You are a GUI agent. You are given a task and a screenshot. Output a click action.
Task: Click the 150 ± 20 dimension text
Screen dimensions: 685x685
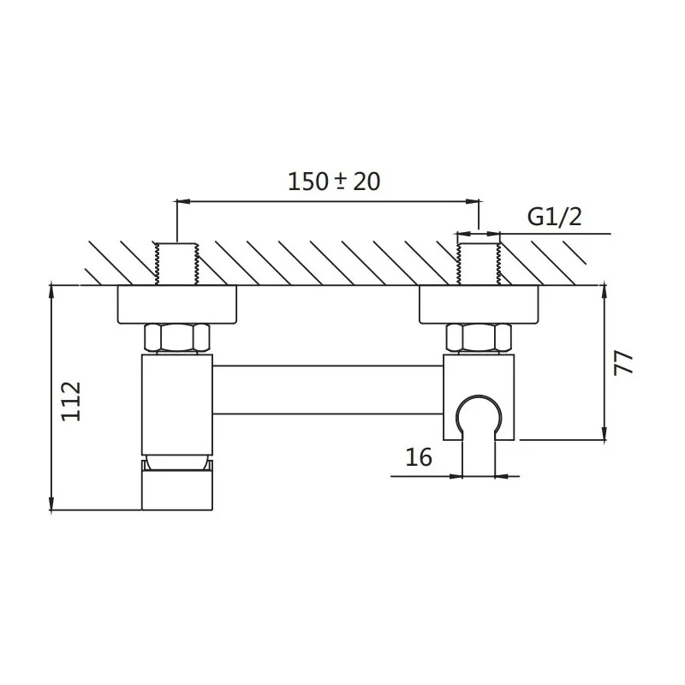[334, 181]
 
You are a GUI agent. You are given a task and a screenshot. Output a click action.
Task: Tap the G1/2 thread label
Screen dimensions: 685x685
[554, 217]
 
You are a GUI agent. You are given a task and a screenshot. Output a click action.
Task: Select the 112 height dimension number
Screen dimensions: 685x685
[71, 402]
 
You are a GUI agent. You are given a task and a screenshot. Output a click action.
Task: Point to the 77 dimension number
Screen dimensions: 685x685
[623, 362]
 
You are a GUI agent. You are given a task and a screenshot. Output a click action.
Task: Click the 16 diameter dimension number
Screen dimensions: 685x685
[419, 457]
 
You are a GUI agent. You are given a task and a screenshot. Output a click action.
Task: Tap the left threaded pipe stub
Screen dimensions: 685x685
[176, 264]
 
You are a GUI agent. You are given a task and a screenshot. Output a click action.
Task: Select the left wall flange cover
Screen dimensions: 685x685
[177, 305]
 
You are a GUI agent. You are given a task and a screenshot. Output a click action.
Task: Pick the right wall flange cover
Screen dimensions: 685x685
[479, 305]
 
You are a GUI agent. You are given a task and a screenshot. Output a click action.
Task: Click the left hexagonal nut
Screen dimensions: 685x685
[177, 337]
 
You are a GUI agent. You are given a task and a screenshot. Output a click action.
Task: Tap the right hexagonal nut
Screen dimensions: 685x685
[479, 337]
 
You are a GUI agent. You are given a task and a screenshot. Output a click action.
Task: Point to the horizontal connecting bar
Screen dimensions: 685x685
[328, 390]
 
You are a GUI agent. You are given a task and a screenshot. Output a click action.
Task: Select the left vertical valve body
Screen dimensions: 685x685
[177, 404]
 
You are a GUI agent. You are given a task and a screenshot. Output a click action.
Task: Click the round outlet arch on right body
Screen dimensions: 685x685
[479, 414]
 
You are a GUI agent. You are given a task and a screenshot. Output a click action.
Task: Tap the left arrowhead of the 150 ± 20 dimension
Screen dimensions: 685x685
[182, 201]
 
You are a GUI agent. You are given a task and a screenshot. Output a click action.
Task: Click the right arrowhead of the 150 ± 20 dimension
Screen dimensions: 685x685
[473, 201]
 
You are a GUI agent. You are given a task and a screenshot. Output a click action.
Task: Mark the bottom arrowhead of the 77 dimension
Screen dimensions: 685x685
[605, 433]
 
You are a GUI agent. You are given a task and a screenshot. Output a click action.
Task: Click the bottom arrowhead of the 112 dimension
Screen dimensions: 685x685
[51, 503]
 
